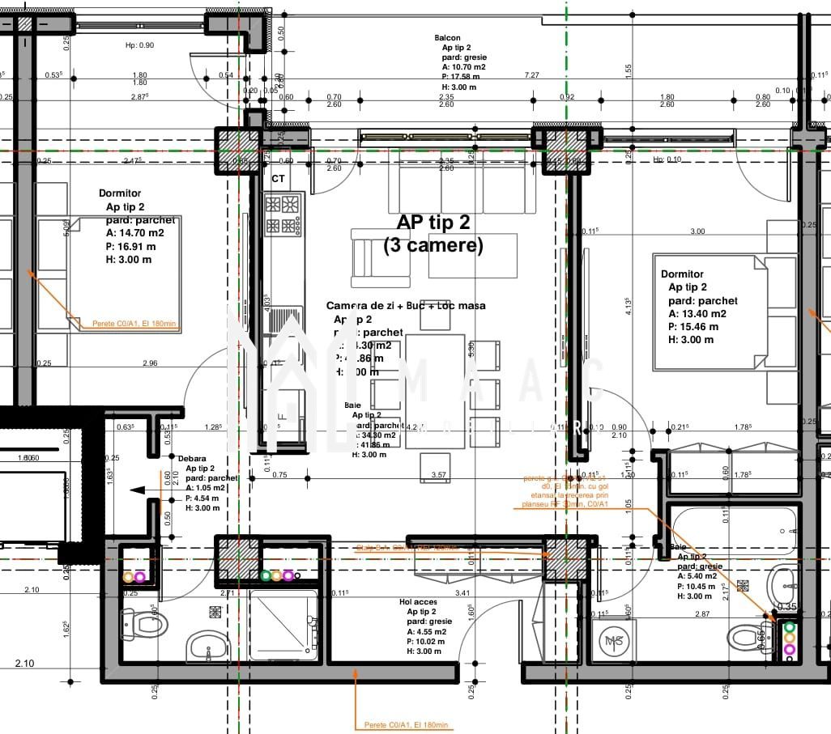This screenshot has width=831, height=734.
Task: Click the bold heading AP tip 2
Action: coord(433,223)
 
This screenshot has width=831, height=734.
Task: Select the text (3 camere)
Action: coord(433,245)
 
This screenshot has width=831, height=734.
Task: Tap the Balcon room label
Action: coord(447,38)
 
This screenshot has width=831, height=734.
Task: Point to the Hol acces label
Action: coord(418,602)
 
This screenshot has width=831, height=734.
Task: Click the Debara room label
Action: coord(192,458)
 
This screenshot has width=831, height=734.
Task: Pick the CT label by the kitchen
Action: coord(278,178)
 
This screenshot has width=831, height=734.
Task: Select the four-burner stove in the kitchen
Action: coord(283,214)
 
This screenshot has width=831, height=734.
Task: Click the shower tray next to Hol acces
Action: coord(283,625)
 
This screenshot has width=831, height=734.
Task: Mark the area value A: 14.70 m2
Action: coord(135,233)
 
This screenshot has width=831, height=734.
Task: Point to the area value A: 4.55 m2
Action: coord(429,632)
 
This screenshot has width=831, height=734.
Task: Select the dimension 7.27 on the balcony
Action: coord(531,75)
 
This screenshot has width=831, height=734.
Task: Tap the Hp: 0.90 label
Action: coord(139,45)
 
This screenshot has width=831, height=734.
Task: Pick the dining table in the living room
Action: coord(435,391)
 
